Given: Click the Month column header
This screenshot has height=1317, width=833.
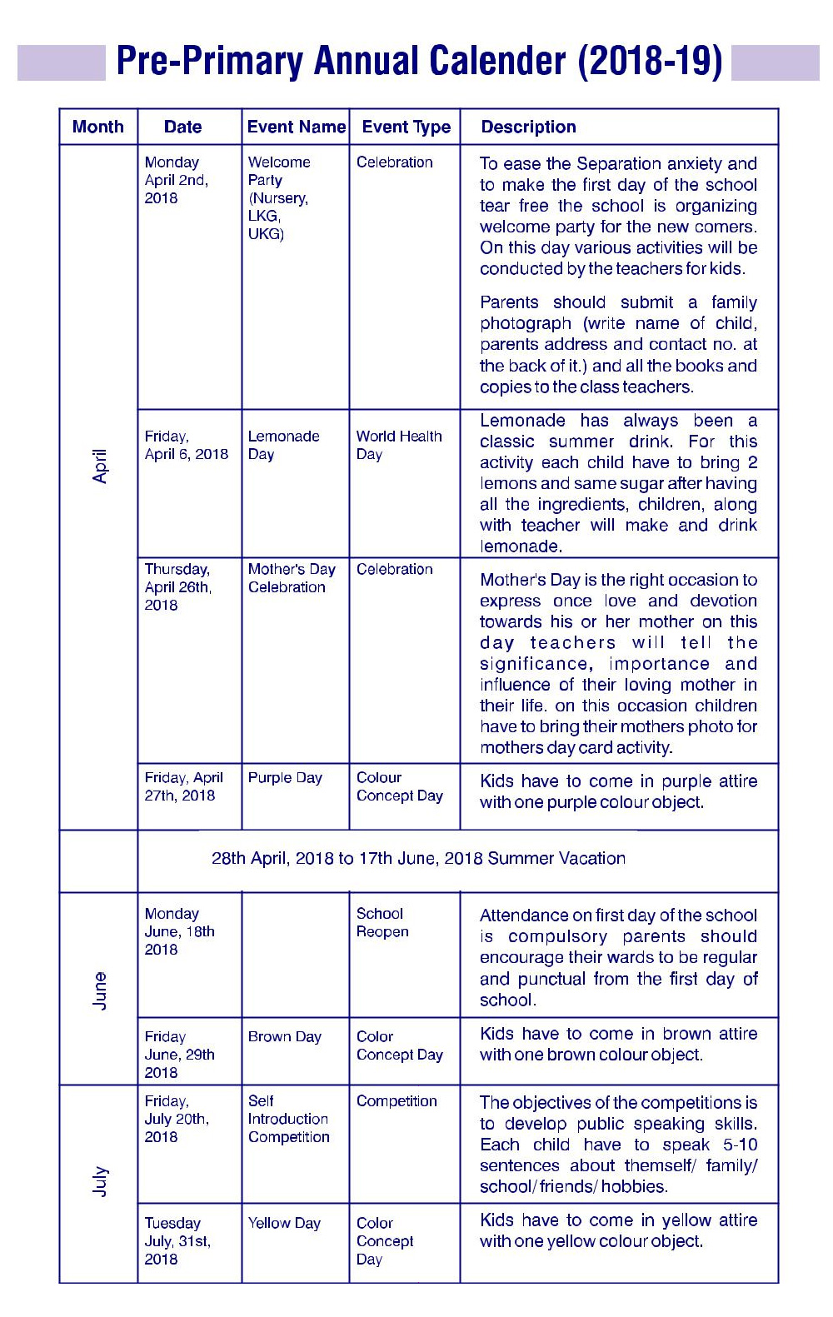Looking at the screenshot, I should click(98, 127).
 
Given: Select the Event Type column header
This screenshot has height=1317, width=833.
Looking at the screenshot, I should click(406, 127).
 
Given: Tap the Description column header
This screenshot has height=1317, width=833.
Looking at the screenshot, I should click(528, 127).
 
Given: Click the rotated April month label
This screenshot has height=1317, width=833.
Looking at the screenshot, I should click(100, 466).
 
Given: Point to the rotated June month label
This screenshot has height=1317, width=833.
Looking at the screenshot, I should click(100, 990).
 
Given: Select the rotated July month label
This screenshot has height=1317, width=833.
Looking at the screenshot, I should click(100, 1181).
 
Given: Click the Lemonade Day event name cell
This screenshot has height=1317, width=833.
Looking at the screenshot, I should click(283, 445).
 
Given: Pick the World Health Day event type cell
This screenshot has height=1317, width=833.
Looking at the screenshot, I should click(398, 445).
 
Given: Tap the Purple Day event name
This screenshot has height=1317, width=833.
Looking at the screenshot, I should click(285, 777).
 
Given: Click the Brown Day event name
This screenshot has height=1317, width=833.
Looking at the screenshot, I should click(284, 1036).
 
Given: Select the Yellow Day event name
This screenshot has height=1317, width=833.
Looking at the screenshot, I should click(284, 1223).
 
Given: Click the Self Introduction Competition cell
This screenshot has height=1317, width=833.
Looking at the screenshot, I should click(288, 1119).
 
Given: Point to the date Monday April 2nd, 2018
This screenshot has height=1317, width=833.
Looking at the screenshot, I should click(176, 180).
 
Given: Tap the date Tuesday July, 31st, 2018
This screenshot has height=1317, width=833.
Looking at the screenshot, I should click(177, 1240).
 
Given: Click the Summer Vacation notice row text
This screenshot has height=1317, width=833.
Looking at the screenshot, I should click(418, 858).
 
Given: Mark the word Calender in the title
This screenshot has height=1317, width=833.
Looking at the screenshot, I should click(497, 61).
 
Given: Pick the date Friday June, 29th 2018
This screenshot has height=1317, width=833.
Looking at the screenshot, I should click(179, 1055).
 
